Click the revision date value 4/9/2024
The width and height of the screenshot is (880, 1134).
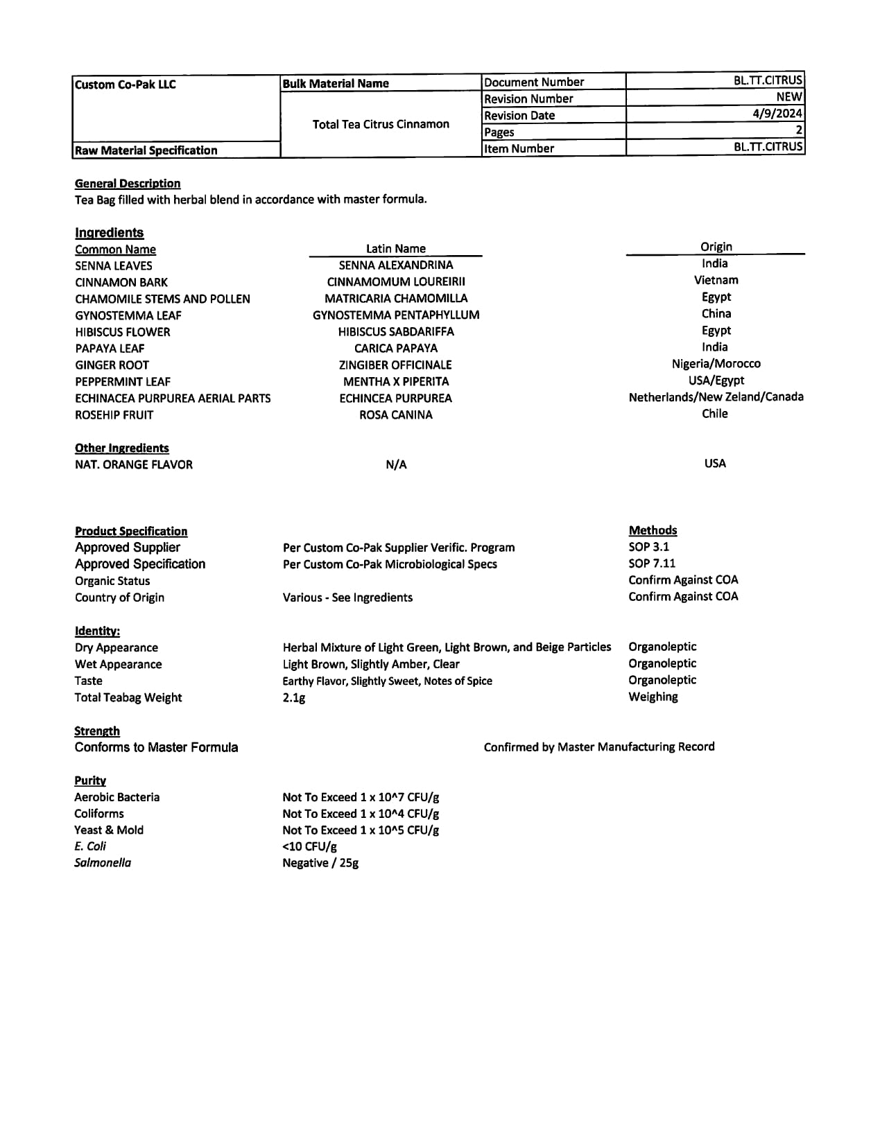point(777,114)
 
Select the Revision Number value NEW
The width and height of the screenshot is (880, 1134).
point(789,97)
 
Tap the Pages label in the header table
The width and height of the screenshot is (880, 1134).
point(499,132)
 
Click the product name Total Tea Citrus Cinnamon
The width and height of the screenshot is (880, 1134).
point(381,124)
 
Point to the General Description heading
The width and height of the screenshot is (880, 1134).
point(128,183)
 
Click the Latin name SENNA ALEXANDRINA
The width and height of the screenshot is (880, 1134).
point(396,265)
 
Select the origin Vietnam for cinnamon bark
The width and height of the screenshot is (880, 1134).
point(716,280)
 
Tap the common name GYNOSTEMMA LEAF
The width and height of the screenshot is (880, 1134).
point(128,315)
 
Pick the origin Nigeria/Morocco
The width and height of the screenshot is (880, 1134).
point(716,363)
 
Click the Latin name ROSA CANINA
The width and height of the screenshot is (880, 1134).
point(396,415)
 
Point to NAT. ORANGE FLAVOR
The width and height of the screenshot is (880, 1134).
point(134,464)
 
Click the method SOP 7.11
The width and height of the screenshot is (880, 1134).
point(652,564)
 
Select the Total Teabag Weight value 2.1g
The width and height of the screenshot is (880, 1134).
point(294,697)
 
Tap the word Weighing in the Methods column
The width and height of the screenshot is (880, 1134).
point(653,697)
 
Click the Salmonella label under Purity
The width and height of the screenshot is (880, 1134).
point(103,863)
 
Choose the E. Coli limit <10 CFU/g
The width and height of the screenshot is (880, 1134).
point(310,846)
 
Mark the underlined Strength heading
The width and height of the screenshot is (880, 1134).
point(97,731)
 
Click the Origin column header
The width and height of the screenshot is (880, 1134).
point(716,247)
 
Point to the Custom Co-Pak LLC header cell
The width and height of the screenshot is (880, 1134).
point(126,85)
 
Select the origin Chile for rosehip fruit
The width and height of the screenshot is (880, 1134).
point(714,413)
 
